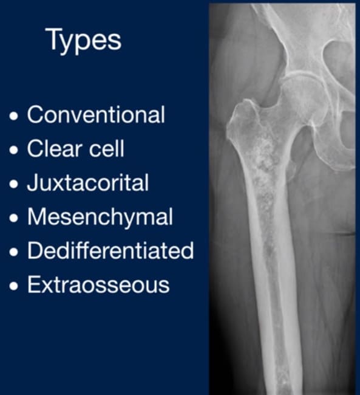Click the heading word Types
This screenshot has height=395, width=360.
(84, 40)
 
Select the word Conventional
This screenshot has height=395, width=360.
(96, 115)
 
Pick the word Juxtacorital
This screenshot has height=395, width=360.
(88, 182)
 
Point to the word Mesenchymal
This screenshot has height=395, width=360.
(100, 217)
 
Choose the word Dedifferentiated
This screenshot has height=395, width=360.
(110, 250)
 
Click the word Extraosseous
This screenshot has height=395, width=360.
(98, 284)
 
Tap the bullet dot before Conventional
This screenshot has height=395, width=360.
(14, 116)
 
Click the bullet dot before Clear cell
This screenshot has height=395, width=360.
(14, 150)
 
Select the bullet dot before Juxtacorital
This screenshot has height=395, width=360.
(14, 184)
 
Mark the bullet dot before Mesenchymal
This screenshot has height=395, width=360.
(14, 218)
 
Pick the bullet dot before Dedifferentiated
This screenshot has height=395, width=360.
(14, 252)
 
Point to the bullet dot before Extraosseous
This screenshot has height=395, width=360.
(14, 286)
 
